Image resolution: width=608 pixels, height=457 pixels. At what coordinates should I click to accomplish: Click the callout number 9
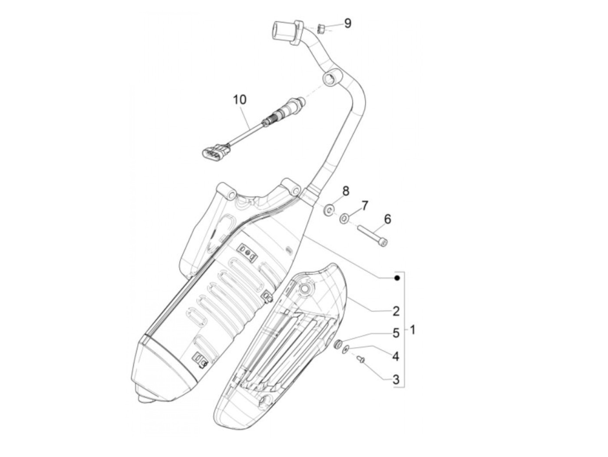coord(347,23)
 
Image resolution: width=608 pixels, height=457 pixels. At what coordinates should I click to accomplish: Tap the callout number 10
coord(239,99)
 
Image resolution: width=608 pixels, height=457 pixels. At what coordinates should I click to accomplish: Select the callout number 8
coord(346,191)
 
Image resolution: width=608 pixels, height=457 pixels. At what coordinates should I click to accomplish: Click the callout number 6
coord(387,219)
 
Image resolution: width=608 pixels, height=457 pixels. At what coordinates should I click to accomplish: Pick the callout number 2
coord(396,311)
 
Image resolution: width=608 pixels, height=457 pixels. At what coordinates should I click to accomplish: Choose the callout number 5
coord(396,333)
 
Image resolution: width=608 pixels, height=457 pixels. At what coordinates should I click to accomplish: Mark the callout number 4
coord(396,356)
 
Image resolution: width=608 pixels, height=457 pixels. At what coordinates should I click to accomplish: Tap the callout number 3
coord(396,379)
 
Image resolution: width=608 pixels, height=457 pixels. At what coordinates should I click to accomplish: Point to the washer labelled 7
coord(344,218)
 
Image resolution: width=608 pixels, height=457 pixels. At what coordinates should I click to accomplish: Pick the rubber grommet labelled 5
coord(337,345)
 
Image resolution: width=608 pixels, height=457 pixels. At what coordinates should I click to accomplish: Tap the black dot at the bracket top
coord(397,278)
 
